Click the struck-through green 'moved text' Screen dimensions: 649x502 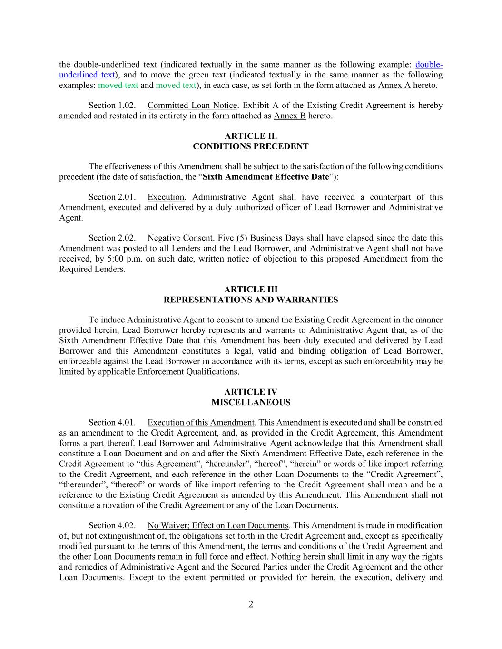click(118, 86)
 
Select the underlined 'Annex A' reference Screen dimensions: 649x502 click(394, 86)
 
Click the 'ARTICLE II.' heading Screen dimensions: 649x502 click(251, 136)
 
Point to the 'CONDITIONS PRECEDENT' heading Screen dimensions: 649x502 click(251, 146)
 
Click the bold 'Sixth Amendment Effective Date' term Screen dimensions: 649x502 click(266, 177)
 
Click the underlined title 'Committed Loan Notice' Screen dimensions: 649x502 click(192, 106)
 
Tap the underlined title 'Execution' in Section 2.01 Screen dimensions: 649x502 click(166, 197)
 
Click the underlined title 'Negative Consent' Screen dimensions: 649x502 click(180, 238)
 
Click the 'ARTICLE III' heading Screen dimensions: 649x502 click(251, 290)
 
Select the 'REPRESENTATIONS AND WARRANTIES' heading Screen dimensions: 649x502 click(251, 300)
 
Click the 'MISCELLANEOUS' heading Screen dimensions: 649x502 click(251, 403)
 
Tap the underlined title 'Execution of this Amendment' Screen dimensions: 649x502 click(201, 423)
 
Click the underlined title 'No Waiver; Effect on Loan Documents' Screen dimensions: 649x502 click(218, 526)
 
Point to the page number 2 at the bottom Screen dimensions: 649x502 click(251, 605)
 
